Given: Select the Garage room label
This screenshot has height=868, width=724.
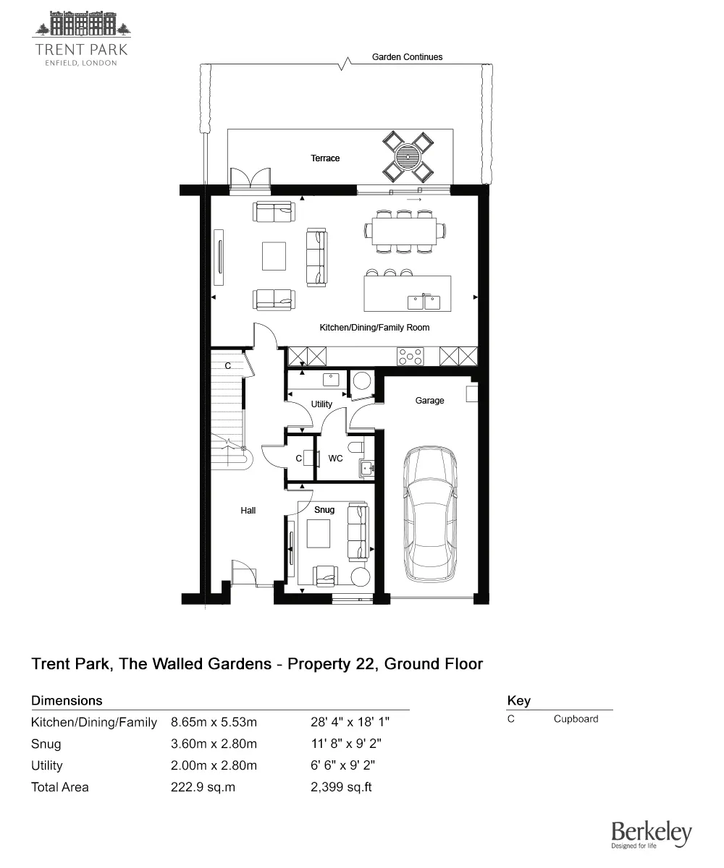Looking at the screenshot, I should click(429, 400).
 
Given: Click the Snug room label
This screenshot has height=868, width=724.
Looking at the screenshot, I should click(324, 510).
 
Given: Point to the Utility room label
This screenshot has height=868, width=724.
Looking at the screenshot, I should click(321, 404).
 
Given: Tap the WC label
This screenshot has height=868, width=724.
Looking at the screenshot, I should click(335, 459).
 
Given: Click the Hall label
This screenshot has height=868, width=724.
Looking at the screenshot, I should click(248, 511).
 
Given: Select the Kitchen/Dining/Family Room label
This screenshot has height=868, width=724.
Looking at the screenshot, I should click(374, 328).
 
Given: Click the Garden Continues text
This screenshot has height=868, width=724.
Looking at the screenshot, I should click(407, 56).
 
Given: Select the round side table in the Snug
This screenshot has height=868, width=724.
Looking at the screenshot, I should click(359, 576).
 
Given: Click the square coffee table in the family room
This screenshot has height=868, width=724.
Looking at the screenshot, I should click(274, 256).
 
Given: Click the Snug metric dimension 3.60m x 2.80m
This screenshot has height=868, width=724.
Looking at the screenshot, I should click(214, 744).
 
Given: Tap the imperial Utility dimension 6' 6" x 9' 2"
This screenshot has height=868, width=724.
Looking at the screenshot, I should click(342, 765).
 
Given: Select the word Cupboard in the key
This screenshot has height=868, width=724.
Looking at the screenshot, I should click(576, 719).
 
